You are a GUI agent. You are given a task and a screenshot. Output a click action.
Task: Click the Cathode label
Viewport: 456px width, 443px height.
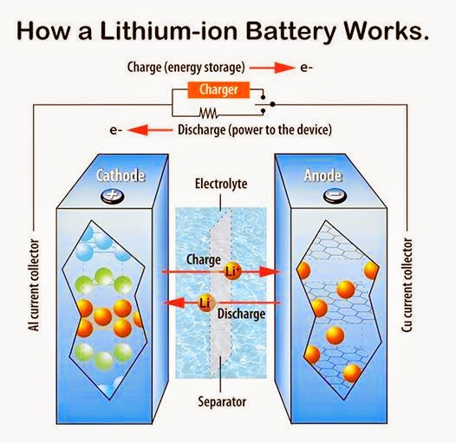tap(121, 177)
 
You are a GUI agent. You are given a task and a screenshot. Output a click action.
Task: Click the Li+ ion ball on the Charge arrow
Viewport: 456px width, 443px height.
tap(233, 271)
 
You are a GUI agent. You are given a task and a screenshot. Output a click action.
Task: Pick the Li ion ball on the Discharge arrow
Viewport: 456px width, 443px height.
tap(206, 303)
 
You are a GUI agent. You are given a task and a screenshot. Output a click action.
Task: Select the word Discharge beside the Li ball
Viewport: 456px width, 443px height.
tap(241, 313)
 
